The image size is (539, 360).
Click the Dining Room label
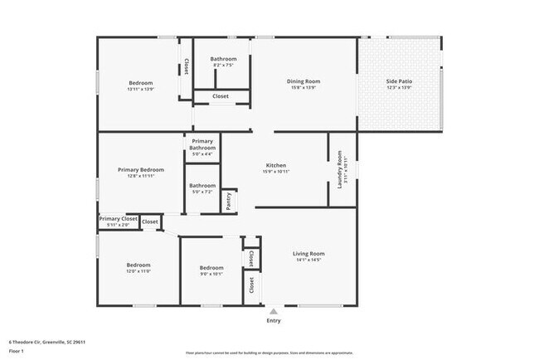tap(303, 81)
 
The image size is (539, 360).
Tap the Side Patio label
tap(399, 81)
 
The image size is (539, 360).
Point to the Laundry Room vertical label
tap(340, 169)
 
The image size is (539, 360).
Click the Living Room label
tap(308, 254)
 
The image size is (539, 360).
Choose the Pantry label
tap(229, 201)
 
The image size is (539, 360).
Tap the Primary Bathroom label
tap(202, 144)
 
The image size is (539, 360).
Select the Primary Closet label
tap(118, 219)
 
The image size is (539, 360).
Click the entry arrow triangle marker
tap(273, 311)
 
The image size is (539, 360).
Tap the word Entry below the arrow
tap(273, 321)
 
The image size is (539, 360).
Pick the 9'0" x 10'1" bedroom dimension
tap(211, 274)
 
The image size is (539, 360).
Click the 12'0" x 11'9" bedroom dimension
tap(138, 271)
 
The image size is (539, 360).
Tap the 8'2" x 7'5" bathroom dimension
tap(223, 66)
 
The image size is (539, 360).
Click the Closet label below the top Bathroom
tap(221, 96)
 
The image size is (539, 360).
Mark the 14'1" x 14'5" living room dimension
tap(308, 260)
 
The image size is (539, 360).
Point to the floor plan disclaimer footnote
tap(269, 352)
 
